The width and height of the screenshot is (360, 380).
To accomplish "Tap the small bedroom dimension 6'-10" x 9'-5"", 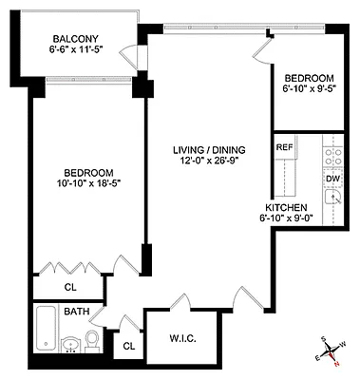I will pos(309,87).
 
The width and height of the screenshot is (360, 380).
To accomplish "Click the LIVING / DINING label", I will pos(208,150).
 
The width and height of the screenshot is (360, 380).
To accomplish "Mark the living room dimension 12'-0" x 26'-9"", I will pos(208,161).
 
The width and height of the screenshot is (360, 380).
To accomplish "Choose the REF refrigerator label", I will pos(284,148).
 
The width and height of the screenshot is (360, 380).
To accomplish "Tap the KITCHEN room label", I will pos(286,206).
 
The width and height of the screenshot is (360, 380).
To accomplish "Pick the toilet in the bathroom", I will pos(93,339).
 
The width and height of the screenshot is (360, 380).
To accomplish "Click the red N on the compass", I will pos(334,362).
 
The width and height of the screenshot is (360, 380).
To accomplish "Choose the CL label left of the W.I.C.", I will pos(127,348).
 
